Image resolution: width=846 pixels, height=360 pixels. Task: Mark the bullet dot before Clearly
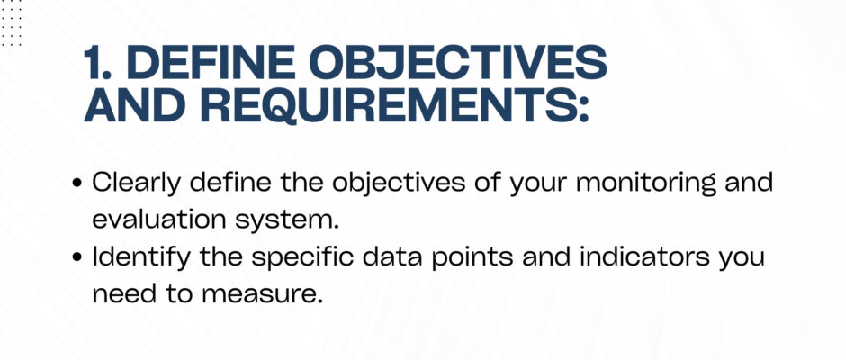(76, 184)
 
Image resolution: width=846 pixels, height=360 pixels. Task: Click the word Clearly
(138, 184)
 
